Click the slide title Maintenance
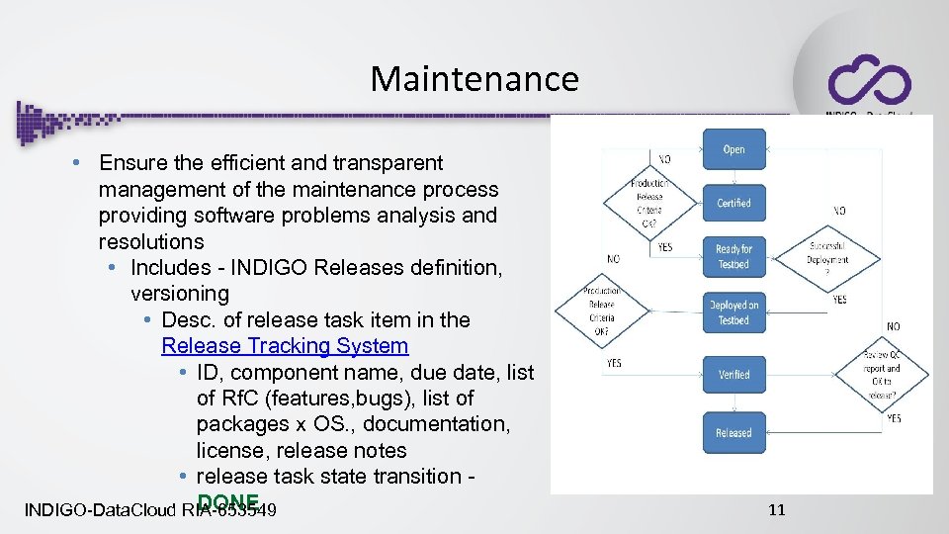[474, 78]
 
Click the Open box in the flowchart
[733, 149]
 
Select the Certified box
[733, 203]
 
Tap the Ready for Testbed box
[733, 257]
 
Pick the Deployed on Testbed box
[733, 313]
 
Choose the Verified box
[733, 375]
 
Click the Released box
[733, 433]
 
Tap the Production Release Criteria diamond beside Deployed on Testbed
[601, 311]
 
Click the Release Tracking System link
[285, 346]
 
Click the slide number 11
[776, 510]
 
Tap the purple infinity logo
[869, 79]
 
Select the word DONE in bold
[228, 501]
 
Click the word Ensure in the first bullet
[134, 163]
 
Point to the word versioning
[180, 294]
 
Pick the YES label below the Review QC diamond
[894, 418]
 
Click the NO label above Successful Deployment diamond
[839, 211]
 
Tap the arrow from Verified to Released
[733, 404]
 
